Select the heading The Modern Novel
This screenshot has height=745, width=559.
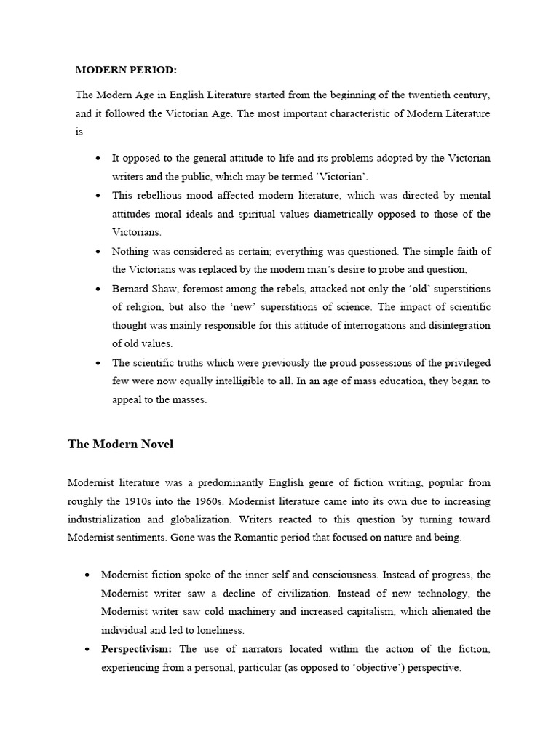coord(120,444)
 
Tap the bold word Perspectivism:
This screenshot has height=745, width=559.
coord(138,649)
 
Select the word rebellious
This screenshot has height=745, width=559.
coord(159,195)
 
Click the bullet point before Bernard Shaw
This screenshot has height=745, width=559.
coord(98,289)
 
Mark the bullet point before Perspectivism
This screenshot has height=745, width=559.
coord(87,649)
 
